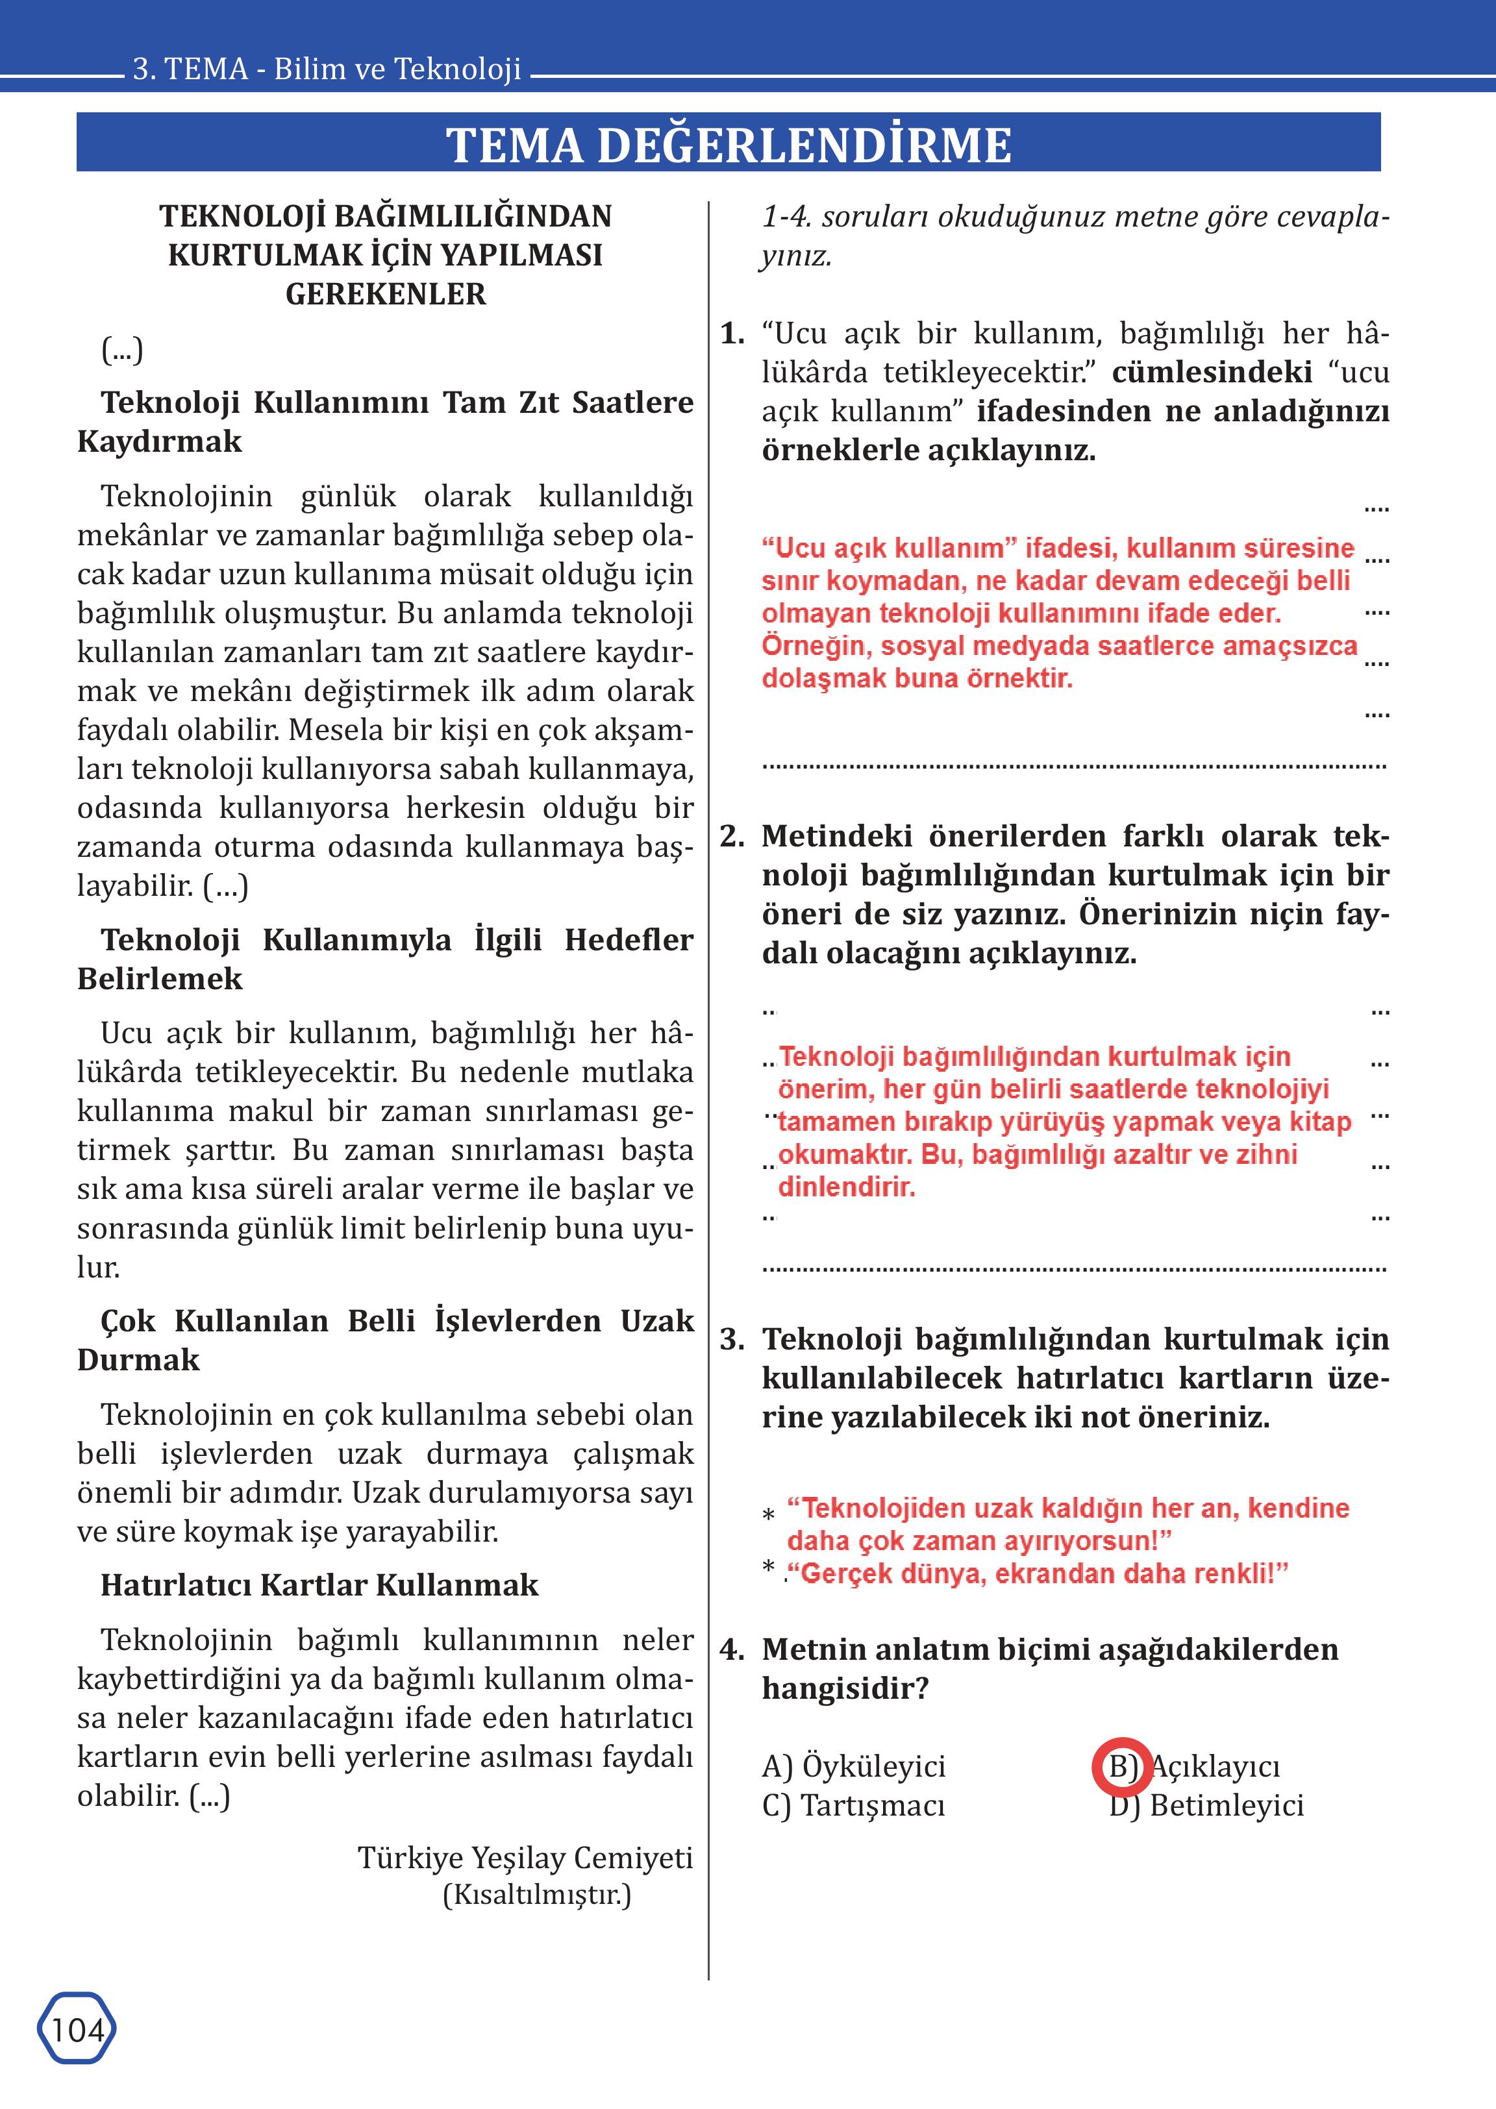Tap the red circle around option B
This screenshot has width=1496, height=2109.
pyautogui.click(x=1122, y=1768)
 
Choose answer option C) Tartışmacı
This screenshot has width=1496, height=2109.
pyautogui.click(x=853, y=1806)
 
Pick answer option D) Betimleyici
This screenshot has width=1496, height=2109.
pyautogui.click(x=1207, y=1806)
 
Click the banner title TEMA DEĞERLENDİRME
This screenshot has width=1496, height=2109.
pyautogui.click(x=729, y=145)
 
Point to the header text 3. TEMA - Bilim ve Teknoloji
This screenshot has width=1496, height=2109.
pyautogui.click(x=327, y=69)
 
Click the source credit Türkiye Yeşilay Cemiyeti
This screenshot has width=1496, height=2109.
pyautogui.click(x=525, y=1858)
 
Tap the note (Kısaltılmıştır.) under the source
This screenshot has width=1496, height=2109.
pyautogui.click(x=537, y=1895)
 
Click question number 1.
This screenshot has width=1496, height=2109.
pyautogui.click(x=732, y=334)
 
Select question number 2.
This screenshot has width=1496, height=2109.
pyautogui.click(x=732, y=836)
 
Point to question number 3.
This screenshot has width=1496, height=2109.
pyautogui.click(x=732, y=1339)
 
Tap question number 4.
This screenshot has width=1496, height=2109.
pyautogui.click(x=732, y=1649)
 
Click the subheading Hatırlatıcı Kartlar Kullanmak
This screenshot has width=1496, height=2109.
pyautogui.click(x=319, y=1585)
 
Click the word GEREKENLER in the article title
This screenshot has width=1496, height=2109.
pyautogui.click(x=385, y=294)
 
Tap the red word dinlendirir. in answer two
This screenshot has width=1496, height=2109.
pyautogui.click(x=847, y=1187)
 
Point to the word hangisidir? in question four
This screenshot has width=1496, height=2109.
pyautogui.click(x=845, y=1689)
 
